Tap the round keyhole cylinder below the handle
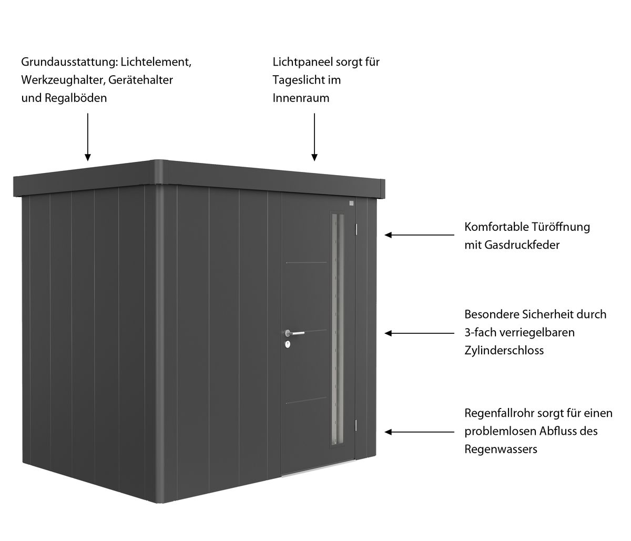pyautogui.click(x=288, y=344)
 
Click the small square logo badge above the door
pyautogui.click(x=351, y=203)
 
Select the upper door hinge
pyautogui.click(x=357, y=229)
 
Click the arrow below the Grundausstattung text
pyautogui.click(x=88, y=137)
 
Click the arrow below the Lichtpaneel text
pyautogui.click(x=314, y=137)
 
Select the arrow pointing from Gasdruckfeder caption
pyautogui.click(x=420, y=235)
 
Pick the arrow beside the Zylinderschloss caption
pyautogui.click(x=420, y=333)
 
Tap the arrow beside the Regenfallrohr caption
pyautogui.click(x=420, y=432)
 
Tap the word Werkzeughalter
pyautogui.click(x=63, y=80)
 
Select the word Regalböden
pyautogui.click(x=76, y=98)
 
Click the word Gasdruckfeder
pyautogui.click(x=522, y=245)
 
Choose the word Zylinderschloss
pyautogui.click(x=504, y=350)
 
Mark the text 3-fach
pyautogui.click(x=481, y=332)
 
